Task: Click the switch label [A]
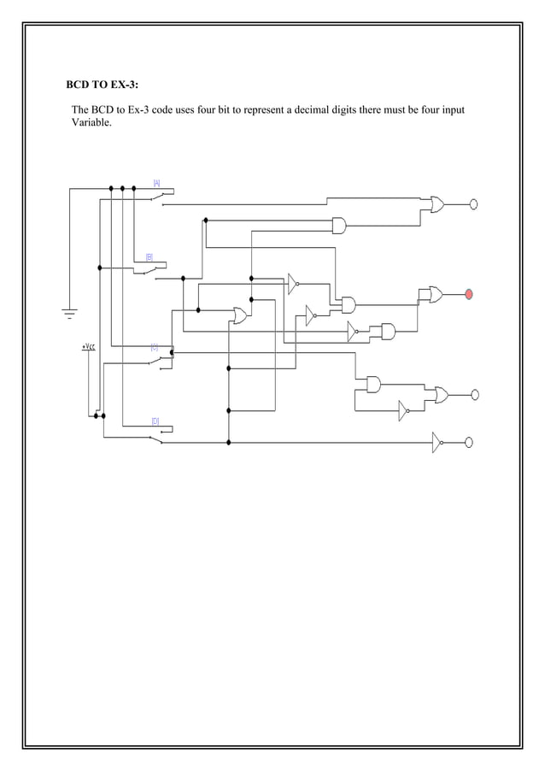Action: (156, 182)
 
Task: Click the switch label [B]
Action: (149, 256)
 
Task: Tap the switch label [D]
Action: (155, 421)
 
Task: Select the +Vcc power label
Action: (88, 347)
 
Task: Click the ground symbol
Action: (69, 314)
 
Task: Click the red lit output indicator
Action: (468, 295)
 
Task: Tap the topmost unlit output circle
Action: (473, 204)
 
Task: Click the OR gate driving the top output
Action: (437, 205)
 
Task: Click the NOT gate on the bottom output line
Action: (437, 442)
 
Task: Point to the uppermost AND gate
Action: (339, 226)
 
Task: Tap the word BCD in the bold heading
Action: (79, 85)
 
